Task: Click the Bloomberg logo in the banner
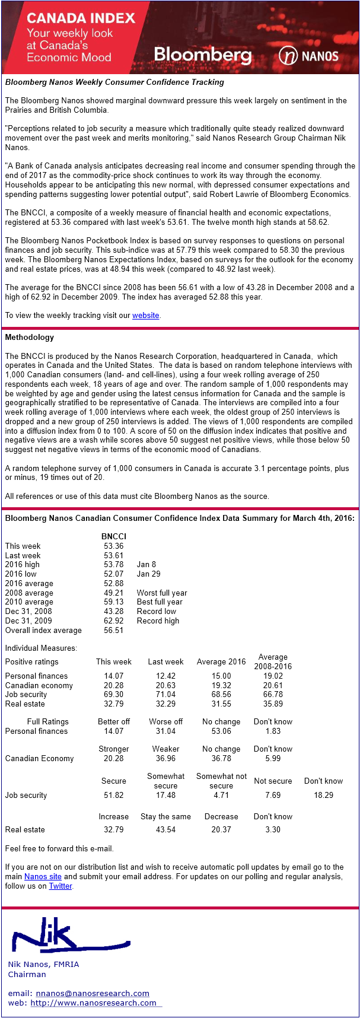pos(202,56)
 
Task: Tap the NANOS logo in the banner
pos(308,56)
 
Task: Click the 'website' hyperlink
pos(145,316)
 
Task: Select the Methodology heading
pos(29,337)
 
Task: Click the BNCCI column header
pos(113,536)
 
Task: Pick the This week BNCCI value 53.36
pos(113,546)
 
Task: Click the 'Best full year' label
pos(160,602)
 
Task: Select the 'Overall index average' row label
pos(43,630)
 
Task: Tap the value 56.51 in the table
pos(113,630)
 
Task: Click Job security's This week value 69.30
pos(113,694)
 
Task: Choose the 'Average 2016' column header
pos(221,661)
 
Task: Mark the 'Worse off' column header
pos(165,721)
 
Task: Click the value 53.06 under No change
pos(221,731)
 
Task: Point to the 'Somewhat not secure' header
pos(221,781)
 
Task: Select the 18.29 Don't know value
pos(323,795)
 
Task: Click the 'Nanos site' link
pos(43,876)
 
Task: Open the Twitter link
pos(60,886)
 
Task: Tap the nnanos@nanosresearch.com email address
pos(93,993)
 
